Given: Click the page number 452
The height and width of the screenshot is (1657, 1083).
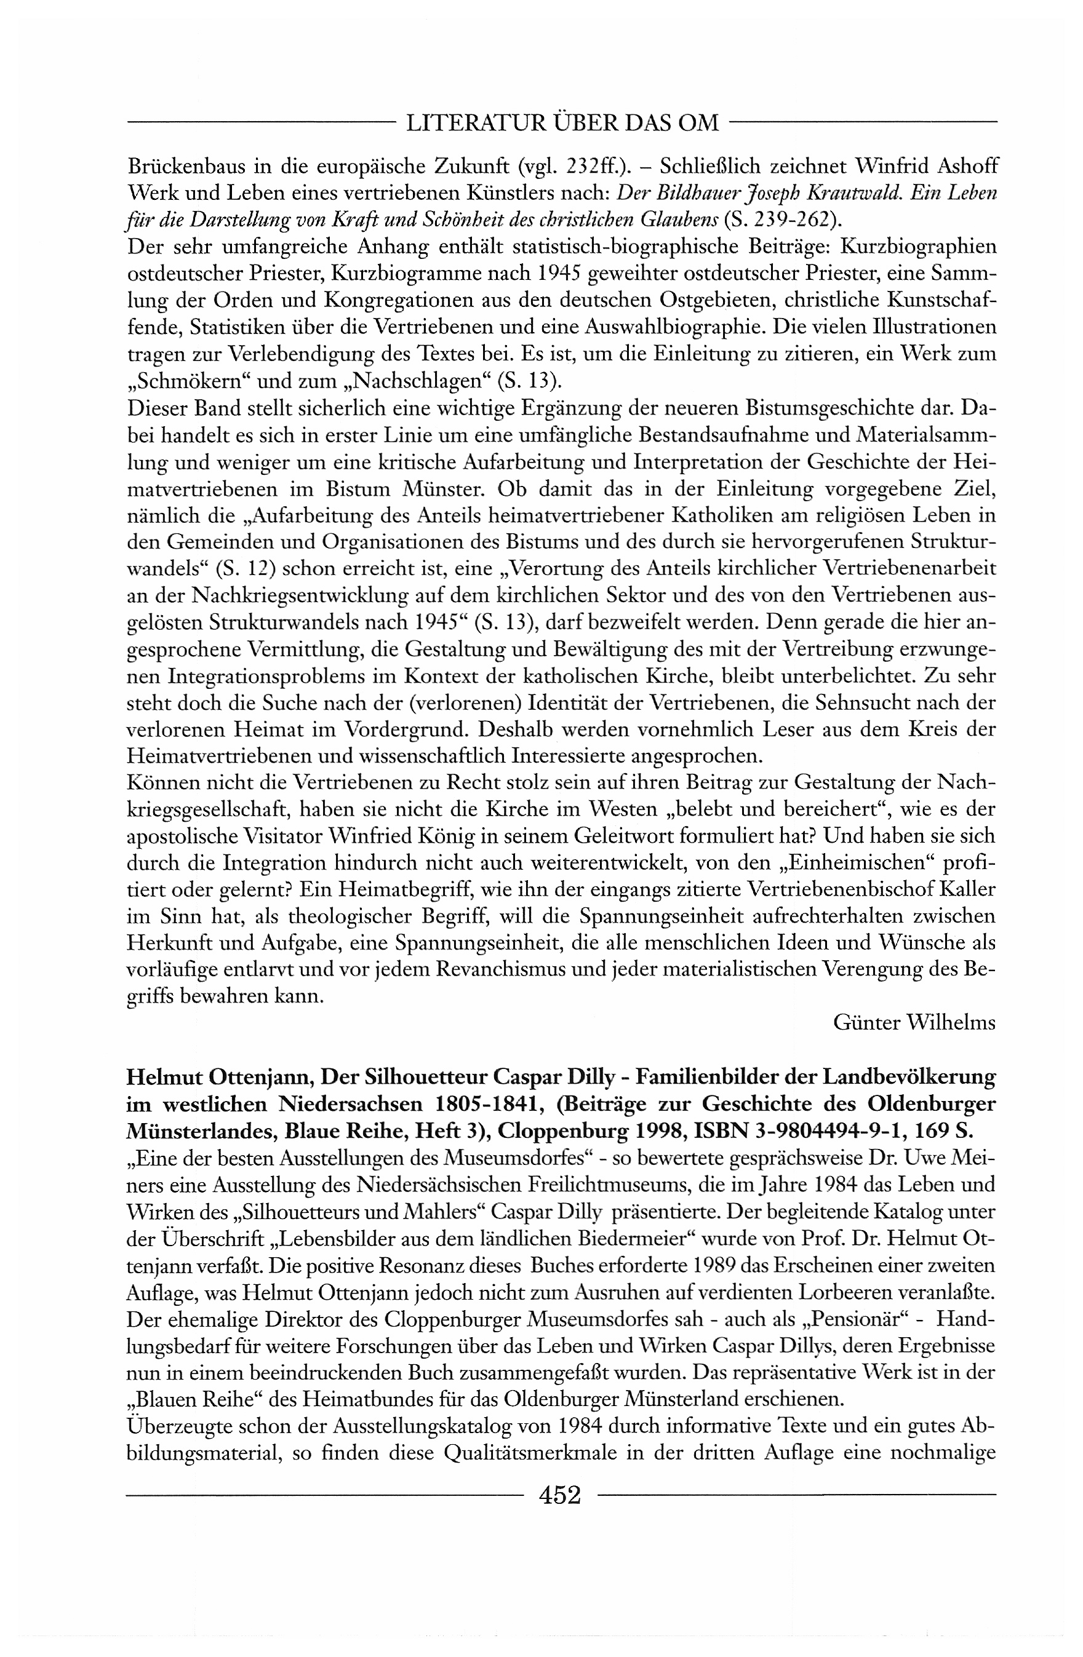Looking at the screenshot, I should (x=559, y=1493).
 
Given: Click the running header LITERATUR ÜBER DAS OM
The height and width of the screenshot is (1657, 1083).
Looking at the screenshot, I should (x=561, y=123).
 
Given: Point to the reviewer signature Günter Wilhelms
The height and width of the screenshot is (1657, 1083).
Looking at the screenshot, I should (x=914, y=1022).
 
